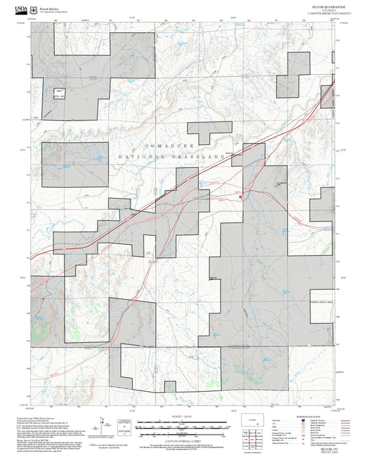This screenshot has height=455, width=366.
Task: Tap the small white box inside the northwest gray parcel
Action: pos(60,91)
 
